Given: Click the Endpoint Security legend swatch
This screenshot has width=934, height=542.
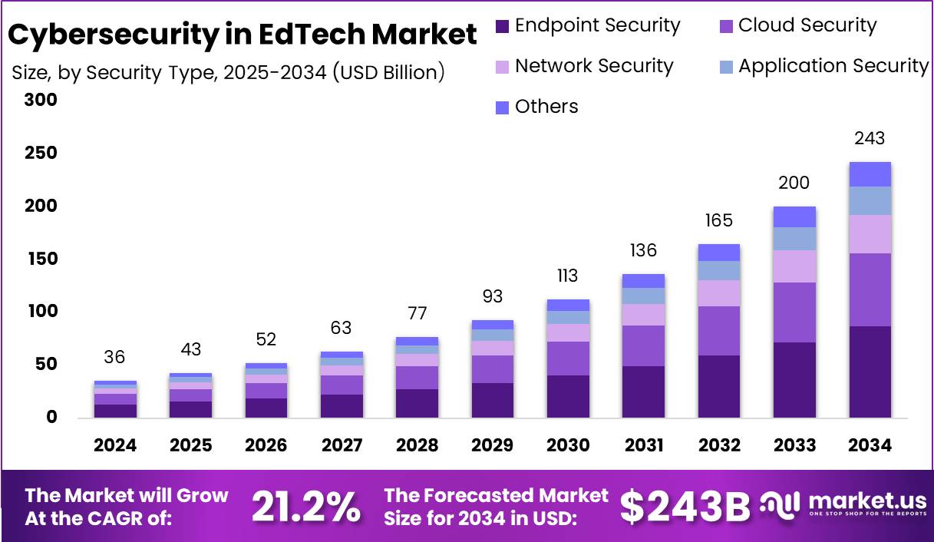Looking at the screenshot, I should pyautogui.click(x=503, y=27).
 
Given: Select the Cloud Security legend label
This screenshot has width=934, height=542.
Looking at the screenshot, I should pyautogui.click(x=807, y=26).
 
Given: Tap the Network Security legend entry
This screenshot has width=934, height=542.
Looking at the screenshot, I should pyautogui.click(x=593, y=67).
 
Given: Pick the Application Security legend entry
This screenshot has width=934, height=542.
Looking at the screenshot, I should pyautogui.click(x=833, y=67).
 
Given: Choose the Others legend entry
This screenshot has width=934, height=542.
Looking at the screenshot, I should pyautogui.click(x=546, y=107).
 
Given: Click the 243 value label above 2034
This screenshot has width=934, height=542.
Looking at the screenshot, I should pyautogui.click(x=870, y=139).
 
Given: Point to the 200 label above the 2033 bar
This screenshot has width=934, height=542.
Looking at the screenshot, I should pyautogui.click(x=794, y=183).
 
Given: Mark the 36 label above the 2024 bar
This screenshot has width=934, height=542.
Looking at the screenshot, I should pyautogui.click(x=115, y=358).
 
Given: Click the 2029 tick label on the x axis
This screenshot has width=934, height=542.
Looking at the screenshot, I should pyautogui.click(x=493, y=446).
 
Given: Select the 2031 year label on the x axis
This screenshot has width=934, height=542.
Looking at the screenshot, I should pyautogui.click(x=643, y=446).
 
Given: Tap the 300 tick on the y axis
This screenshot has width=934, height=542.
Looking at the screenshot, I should pyautogui.click(x=41, y=100).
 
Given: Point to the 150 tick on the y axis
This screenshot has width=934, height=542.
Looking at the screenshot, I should pyautogui.click(x=41, y=259).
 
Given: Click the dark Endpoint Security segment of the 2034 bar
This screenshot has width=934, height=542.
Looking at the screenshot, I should pyautogui.click(x=870, y=372).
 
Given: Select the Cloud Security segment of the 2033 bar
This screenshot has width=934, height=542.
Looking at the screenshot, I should pyautogui.click(x=794, y=312).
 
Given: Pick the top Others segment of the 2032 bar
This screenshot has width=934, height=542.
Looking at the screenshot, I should pyautogui.click(x=719, y=253).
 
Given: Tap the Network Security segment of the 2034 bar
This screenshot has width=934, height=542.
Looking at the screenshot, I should pyautogui.click(x=870, y=234).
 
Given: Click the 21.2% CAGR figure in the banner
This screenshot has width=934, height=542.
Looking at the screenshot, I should pyautogui.click(x=306, y=507).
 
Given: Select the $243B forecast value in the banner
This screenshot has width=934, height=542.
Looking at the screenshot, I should pyautogui.click(x=685, y=507).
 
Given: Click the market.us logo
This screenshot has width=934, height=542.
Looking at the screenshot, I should pyautogui.click(x=844, y=505).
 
